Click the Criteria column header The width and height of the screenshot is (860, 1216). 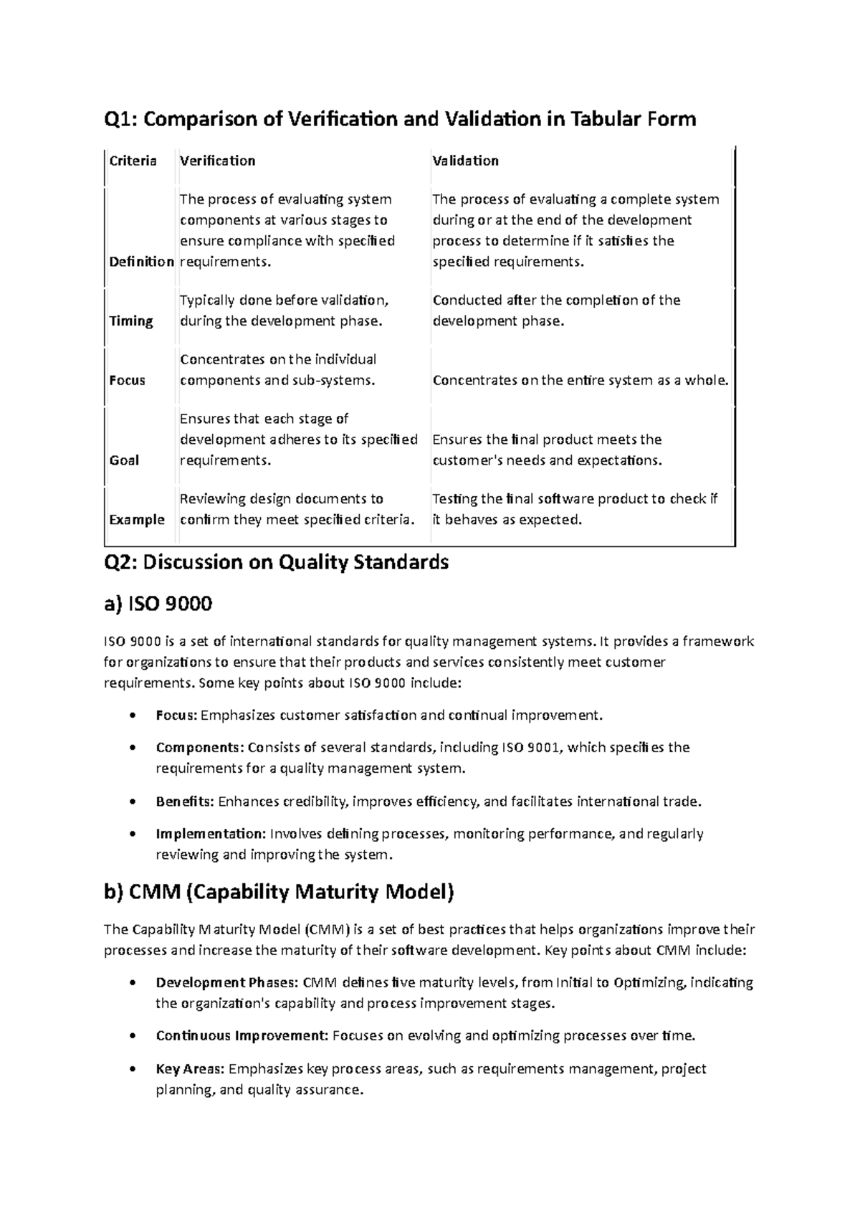pyautogui.click(x=133, y=161)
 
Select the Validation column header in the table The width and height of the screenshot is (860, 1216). pyautogui.click(x=465, y=161)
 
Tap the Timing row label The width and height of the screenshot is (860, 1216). pyautogui.click(x=131, y=320)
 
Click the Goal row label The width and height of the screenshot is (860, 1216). pyautogui.click(x=124, y=460)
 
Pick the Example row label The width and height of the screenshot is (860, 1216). pyautogui.click(x=137, y=519)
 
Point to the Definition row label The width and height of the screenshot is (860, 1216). pyautogui.click(x=142, y=261)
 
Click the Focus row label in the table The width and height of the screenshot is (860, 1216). pyautogui.click(x=127, y=380)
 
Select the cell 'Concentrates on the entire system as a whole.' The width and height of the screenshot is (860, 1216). pyautogui.click(x=580, y=380)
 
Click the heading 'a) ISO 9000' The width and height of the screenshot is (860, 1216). pyautogui.click(x=158, y=604)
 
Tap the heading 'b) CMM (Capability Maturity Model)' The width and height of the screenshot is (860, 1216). pyautogui.click(x=279, y=892)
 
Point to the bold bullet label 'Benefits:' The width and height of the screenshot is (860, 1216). pyautogui.click(x=185, y=801)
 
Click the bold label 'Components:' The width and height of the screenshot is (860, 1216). pyautogui.click(x=200, y=747)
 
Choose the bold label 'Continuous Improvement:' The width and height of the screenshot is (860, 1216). pyautogui.click(x=242, y=1035)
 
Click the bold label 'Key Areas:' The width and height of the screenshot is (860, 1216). pyautogui.click(x=190, y=1068)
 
